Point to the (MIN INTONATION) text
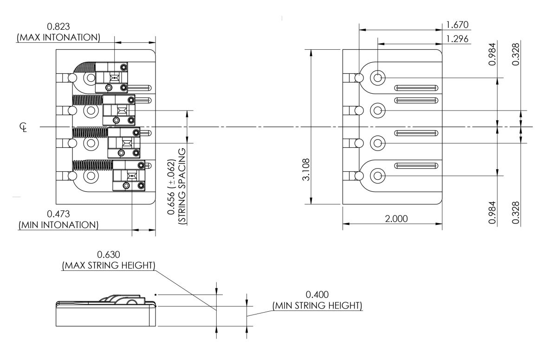tap(58, 225)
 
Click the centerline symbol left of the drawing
tap(23, 127)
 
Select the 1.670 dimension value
tap(456, 25)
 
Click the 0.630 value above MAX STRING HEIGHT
tap(108, 255)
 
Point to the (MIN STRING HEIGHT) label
tap(317, 306)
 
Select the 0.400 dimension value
tap(317, 295)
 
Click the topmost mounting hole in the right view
tap(378, 78)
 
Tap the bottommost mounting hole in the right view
tap(378, 176)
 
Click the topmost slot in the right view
tap(416, 88)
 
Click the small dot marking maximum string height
tap(156, 294)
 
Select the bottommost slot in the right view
tap(416, 166)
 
